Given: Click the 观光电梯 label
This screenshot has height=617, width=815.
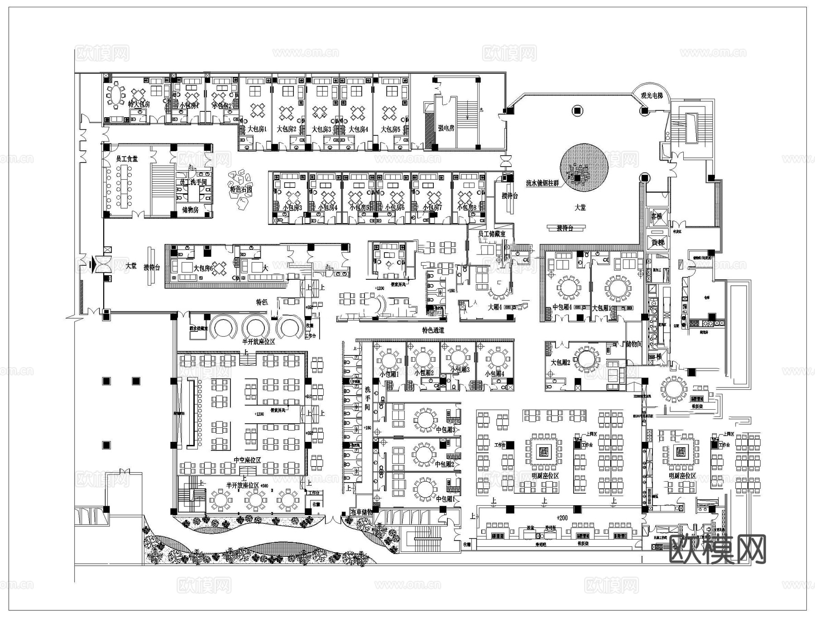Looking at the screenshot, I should pyautogui.click(x=651, y=96).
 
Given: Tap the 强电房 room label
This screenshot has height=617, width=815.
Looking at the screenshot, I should pyautogui.click(x=446, y=128).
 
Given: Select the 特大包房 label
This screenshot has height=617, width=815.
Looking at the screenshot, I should pyautogui.click(x=139, y=104).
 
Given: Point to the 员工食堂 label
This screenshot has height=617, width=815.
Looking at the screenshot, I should pyautogui.click(x=127, y=159).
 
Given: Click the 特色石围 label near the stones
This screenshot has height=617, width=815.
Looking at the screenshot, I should pyautogui.click(x=241, y=189).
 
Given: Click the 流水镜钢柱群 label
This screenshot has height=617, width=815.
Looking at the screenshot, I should pyautogui.click(x=542, y=183).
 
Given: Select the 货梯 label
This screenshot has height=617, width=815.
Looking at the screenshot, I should pyautogui.click(x=657, y=243).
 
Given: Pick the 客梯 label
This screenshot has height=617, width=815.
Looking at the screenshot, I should pyautogui.click(x=657, y=216).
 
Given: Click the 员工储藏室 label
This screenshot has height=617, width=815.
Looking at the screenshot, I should pyautogui.click(x=492, y=234).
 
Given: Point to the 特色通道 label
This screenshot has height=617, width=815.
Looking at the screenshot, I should pyautogui.click(x=433, y=330).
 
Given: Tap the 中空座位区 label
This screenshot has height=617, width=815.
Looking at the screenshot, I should pyautogui.click(x=247, y=460).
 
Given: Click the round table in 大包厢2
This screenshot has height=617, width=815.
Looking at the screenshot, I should pyautogui.click(x=586, y=359).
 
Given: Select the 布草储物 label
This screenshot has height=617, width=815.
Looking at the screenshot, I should pyautogui.click(x=361, y=512).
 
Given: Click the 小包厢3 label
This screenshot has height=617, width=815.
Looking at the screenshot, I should pyautogui.click(x=460, y=369).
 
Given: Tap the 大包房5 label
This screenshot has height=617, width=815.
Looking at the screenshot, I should pyautogui.click(x=390, y=129).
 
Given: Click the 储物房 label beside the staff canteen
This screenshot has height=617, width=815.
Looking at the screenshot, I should pyautogui.click(x=190, y=210).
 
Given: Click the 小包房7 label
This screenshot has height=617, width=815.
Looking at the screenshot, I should pyautogui.click(x=432, y=208).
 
